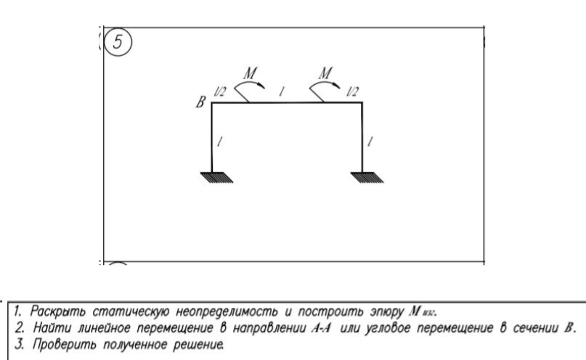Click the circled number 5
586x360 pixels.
pos(118,42)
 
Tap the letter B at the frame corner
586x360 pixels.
pos(200,102)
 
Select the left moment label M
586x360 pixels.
pos(250,73)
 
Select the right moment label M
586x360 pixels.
pos(325,73)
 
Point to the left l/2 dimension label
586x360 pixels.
pos(219,91)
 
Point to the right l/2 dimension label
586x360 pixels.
pos(352,91)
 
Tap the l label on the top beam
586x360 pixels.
pos(282,91)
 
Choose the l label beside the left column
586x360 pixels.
pos(220,142)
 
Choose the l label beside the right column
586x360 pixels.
pos(370,142)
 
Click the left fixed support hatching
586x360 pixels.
pos(217,177)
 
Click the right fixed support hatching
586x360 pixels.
pos(367,177)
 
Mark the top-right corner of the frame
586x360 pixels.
pos(362,102)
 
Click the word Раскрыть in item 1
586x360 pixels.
pos(57,311)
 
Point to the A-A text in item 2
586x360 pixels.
pos(322,328)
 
